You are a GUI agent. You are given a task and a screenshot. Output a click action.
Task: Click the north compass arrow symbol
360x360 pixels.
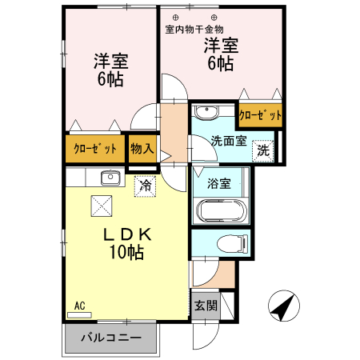click(x=284, y=306)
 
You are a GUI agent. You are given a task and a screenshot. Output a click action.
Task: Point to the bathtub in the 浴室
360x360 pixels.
click(x=222, y=211)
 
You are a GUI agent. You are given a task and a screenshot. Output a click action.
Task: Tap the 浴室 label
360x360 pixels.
click(x=219, y=182)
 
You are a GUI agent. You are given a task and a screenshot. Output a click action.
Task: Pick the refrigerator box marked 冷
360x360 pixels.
click(x=146, y=185)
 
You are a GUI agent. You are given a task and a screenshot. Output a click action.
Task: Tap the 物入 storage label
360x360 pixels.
click(x=142, y=148)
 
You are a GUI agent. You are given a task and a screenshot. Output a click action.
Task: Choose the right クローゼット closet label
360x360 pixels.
click(x=261, y=115)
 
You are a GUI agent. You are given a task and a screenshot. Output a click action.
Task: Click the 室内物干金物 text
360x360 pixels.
click(x=194, y=30)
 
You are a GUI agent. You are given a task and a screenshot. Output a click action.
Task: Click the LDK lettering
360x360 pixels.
click(x=126, y=235)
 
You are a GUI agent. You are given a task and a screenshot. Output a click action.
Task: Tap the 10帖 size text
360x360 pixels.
click(x=126, y=254)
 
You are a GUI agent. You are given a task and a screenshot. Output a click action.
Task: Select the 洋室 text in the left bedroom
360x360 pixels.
click(x=111, y=61)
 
